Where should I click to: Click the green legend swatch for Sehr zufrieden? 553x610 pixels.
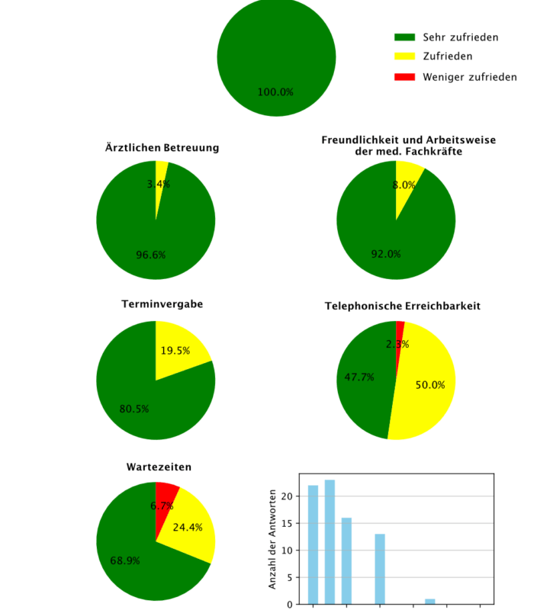click(x=404, y=37)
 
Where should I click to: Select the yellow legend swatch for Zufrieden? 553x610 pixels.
click(x=404, y=56)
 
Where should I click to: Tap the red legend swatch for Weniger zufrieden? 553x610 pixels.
click(x=404, y=77)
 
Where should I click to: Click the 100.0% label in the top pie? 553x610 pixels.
click(x=275, y=92)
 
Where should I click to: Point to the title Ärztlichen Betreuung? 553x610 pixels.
click(x=162, y=147)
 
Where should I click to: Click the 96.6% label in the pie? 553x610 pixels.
click(x=151, y=255)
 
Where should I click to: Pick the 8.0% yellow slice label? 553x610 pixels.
click(x=404, y=185)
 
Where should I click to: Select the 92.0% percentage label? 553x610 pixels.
click(x=386, y=254)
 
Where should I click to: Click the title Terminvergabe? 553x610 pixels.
click(x=162, y=304)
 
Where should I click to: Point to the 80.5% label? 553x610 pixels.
click(x=134, y=409)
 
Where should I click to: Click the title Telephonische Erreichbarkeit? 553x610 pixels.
click(x=403, y=306)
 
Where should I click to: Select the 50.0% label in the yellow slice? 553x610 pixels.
click(x=430, y=385)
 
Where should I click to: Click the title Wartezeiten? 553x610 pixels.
click(x=159, y=467)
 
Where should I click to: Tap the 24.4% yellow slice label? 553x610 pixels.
click(x=188, y=527)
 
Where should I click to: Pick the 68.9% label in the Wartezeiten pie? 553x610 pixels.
click(x=125, y=560)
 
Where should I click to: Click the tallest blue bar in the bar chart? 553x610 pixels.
click(x=330, y=541)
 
